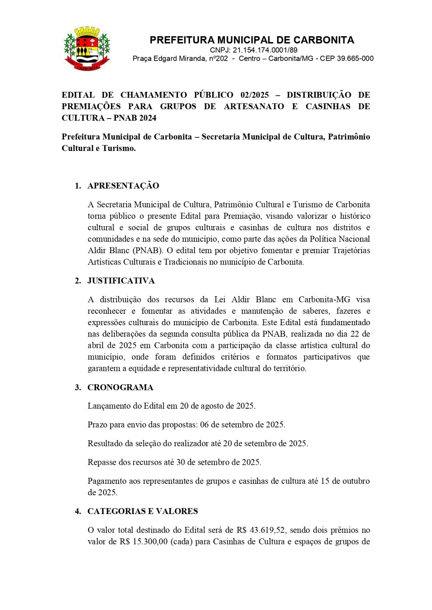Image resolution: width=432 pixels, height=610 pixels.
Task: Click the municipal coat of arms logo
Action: tap(87, 49)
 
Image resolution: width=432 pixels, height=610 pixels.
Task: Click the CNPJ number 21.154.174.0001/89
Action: tap(265, 50)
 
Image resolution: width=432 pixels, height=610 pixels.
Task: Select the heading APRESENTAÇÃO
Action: tap(123, 186)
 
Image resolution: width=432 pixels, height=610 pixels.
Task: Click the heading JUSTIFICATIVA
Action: tap(121, 281)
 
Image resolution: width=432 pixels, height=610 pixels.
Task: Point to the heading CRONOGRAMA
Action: tap(120, 387)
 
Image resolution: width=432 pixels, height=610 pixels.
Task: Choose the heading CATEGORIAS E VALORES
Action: tap(142, 511)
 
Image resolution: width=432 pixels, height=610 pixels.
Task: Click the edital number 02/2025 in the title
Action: tap(255, 95)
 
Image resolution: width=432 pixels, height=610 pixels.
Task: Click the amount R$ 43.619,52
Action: tap(261, 530)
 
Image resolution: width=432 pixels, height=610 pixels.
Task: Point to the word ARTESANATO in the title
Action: tap(254, 106)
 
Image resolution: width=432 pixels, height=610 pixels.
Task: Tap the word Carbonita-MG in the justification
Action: tap(324, 300)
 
